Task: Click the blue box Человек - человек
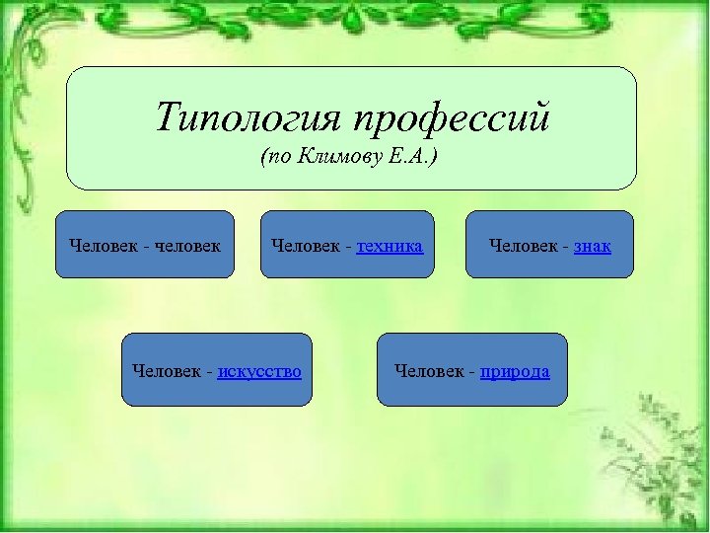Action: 145,245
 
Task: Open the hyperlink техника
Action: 390,245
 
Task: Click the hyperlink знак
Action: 593,245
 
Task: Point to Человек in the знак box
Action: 526,245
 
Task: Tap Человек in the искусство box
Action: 168,371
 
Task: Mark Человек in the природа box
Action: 430,371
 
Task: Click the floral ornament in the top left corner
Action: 39,59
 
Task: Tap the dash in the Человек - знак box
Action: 567,246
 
